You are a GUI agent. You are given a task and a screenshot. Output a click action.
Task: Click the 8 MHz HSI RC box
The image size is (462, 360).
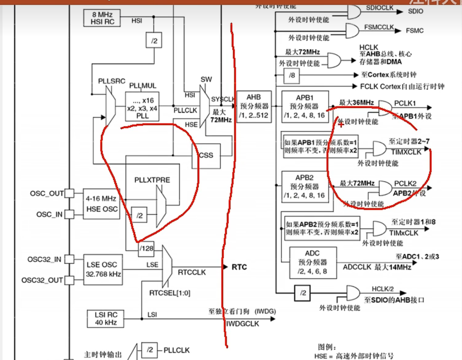(102, 18)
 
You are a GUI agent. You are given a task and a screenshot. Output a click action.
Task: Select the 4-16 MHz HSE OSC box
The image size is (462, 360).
(101, 204)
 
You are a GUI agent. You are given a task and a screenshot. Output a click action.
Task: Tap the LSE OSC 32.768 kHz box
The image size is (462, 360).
(103, 269)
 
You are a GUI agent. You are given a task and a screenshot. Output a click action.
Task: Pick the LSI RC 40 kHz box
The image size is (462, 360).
(105, 319)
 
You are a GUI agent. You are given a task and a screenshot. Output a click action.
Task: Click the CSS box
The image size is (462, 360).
(206, 155)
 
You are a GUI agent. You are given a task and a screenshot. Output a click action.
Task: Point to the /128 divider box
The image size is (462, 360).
(146, 249)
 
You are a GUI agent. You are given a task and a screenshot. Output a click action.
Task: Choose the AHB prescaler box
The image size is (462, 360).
(254, 107)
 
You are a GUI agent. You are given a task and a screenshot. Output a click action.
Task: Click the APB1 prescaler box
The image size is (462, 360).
(305, 107)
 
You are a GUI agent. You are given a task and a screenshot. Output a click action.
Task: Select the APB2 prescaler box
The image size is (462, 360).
(305, 187)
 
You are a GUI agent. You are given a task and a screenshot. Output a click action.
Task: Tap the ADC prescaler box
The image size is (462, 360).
(313, 263)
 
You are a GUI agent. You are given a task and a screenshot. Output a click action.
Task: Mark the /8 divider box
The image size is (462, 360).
(291, 76)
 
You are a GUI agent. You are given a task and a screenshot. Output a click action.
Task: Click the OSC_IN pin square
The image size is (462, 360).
(69, 214)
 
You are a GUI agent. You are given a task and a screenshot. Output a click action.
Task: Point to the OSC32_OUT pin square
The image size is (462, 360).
(69, 280)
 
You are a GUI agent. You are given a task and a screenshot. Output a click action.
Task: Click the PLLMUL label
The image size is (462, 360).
(142, 86)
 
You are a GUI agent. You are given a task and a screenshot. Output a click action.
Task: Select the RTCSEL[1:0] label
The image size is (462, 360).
(170, 293)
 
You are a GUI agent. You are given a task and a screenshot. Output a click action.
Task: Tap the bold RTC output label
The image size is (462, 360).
(239, 267)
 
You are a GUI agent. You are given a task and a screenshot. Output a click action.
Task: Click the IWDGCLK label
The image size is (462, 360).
(243, 324)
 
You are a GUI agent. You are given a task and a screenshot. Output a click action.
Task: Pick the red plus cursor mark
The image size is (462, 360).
(341, 124)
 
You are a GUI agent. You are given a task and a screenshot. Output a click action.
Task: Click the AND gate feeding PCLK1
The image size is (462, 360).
(385, 108)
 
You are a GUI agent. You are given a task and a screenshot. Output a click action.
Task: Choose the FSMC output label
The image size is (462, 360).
(415, 31)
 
